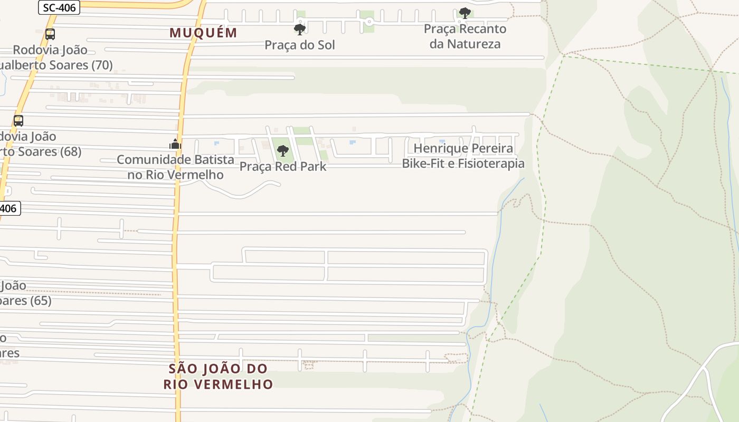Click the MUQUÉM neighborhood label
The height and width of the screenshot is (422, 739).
pos(203,33)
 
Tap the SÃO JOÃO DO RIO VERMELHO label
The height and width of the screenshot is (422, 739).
pos(218,376)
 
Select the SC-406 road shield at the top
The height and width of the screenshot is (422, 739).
pos(59,7)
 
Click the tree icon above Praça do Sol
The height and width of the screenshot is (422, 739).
pos(300,30)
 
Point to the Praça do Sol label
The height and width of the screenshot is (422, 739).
pos(300,45)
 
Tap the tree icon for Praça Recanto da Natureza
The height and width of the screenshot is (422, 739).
pos(465,13)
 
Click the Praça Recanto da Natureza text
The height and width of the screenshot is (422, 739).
pos(465,36)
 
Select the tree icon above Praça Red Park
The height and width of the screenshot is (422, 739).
pos(283,151)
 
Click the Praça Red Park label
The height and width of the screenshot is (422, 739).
pos(283,167)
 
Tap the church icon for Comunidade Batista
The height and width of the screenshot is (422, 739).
pos(175,143)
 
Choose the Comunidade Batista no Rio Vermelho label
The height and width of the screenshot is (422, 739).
pos(175,167)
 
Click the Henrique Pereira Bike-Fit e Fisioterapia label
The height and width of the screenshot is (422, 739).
pos(463,156)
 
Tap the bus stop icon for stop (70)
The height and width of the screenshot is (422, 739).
pos(50,34)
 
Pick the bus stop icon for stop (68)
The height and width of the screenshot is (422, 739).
pos(18,120)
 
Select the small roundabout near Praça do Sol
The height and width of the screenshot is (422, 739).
pos(369,22)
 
